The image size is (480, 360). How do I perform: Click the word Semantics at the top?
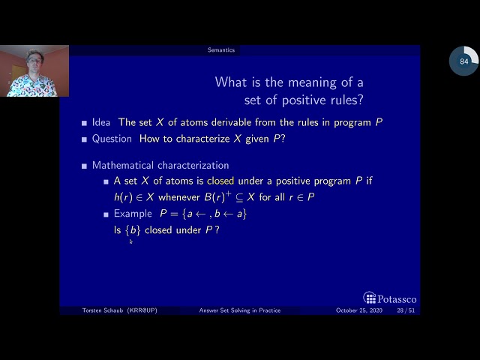point(221,50)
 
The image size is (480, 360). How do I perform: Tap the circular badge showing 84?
point(463,61)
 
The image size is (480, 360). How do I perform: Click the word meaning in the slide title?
point(316,82)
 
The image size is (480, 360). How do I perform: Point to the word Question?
point(112,139)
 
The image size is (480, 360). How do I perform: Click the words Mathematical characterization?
point(160,165)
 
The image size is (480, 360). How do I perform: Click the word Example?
point(133,214)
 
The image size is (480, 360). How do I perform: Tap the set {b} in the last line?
point(133,230)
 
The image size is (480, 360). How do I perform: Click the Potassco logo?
point(390,298)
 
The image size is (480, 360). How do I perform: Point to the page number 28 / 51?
point(406,310)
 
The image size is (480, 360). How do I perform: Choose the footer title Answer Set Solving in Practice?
point(240,310)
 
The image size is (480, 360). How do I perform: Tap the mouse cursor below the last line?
point(130,241)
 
